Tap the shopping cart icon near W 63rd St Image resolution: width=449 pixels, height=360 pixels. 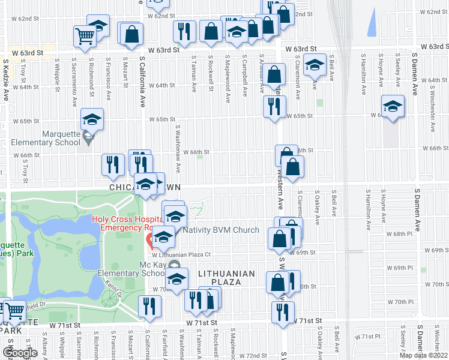pos(85,35)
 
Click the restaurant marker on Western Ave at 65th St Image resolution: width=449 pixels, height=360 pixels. pos(274,107)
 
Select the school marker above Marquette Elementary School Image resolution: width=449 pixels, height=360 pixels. pos(92,119)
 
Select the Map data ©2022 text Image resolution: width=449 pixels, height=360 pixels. pos(424,355)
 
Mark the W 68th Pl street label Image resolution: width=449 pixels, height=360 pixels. pos(399,233)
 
